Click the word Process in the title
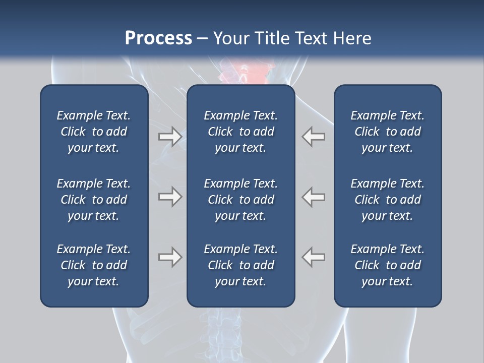click(158, 38)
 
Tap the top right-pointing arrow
click(170, 137)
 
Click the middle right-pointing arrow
click(170, 197)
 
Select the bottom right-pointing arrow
click(170, 257)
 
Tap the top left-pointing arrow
click(314, 137)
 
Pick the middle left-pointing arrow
click(314, 197)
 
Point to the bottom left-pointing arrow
click(314, 257)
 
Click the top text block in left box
click(94, 132)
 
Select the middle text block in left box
click(94, 200)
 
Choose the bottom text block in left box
click(94, 265)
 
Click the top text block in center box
click(240, 132)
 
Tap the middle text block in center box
click(240, 200)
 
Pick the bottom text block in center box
click(240, 265)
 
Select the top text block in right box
click(387, 132)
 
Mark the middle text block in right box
click(387, 200)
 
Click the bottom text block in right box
click(387, 265)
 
